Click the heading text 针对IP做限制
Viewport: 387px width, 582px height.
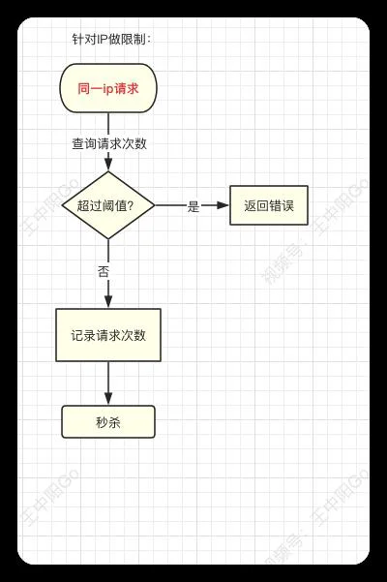111,39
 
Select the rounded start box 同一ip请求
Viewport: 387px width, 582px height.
108,88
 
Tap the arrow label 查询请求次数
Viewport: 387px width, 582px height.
109,143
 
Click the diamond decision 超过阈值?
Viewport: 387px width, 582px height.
108,205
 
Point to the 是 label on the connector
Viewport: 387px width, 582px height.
193,206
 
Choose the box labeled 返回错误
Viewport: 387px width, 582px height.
269,205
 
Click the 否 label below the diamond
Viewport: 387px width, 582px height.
104,271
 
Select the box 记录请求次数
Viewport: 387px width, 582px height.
108,335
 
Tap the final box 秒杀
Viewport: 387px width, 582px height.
108,422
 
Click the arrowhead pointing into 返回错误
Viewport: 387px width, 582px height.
223,205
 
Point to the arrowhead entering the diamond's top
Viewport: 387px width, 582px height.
108,165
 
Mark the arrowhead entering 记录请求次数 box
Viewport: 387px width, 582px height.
108,302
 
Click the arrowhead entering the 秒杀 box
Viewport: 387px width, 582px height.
108,399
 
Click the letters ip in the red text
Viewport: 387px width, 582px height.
107,89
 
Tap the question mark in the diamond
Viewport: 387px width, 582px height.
130,205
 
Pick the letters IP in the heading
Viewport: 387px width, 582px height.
103,39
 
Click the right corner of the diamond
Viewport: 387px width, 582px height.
155,205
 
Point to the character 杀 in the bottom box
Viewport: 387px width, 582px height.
114,422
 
